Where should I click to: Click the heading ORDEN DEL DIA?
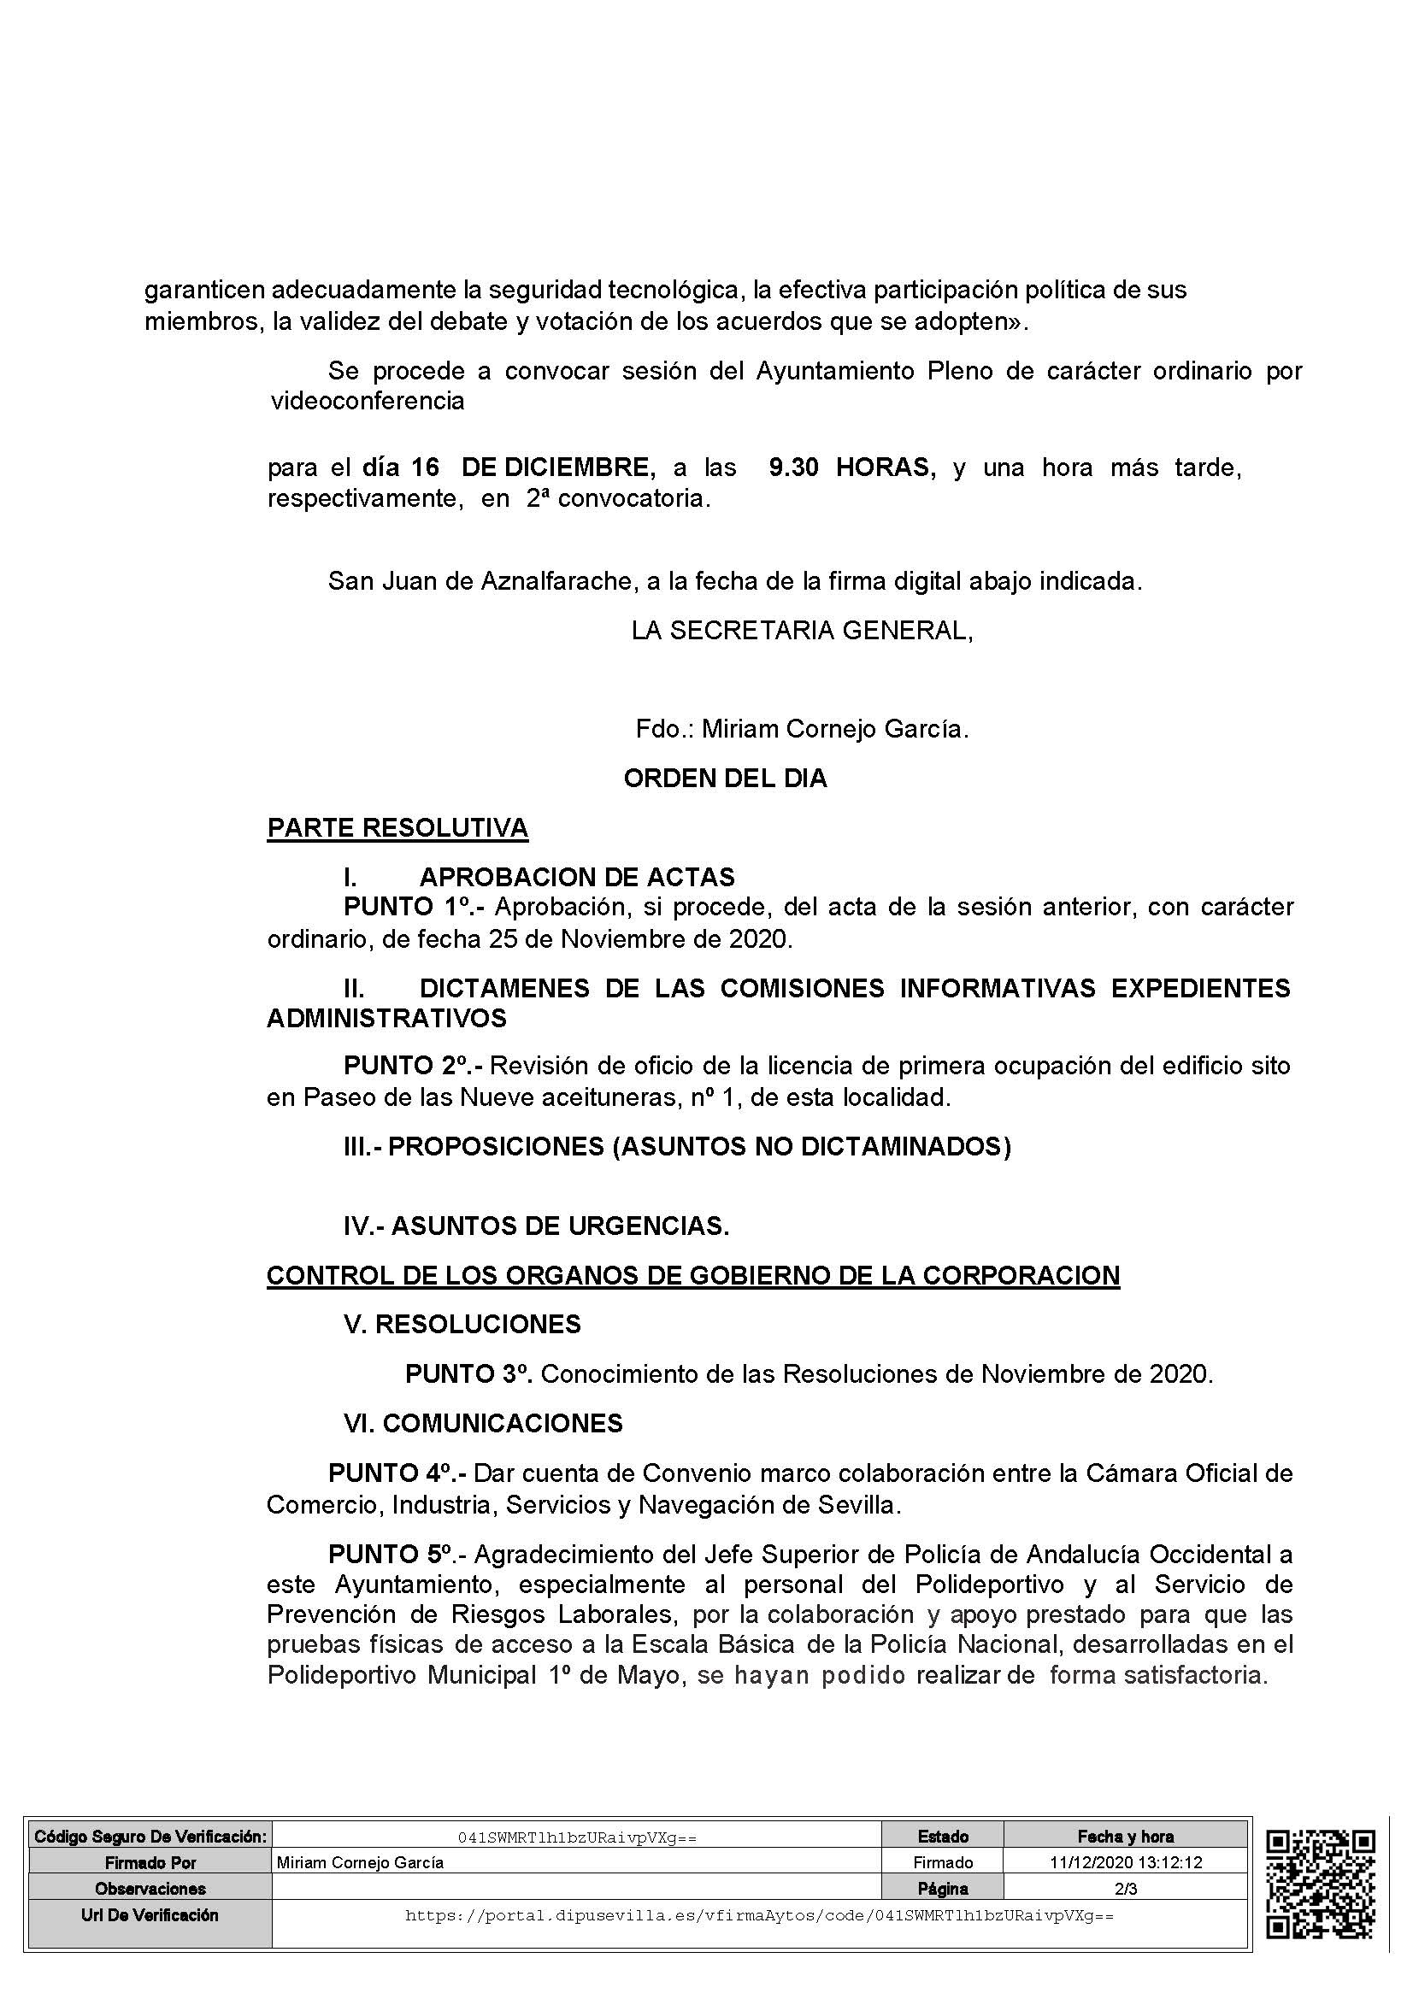click(724, 779)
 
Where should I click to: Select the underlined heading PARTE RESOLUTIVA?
click(397, 828)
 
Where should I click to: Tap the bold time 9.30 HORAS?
click(851, 468)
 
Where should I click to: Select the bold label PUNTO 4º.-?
click(397, 1473)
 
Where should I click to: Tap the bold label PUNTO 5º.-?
click(397, 1554)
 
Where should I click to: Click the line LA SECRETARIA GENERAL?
click(802, 631)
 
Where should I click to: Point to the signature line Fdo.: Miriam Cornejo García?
click(802, 729)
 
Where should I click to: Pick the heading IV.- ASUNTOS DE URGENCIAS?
click(536, 1226)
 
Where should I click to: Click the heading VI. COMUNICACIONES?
click(483, 1424)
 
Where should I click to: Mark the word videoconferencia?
click(368, 402)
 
